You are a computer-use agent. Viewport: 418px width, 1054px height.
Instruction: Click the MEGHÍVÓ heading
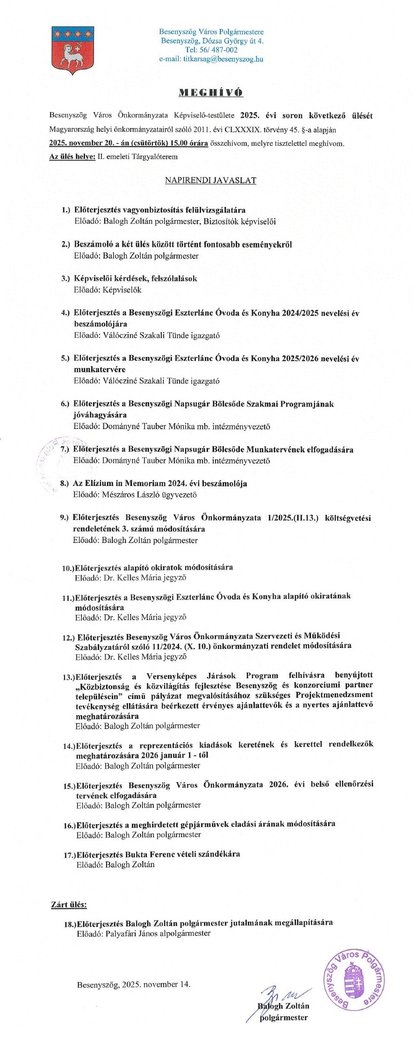[x=211, y=93]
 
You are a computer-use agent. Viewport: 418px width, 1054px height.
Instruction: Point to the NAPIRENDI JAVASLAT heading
[x=210, y=180]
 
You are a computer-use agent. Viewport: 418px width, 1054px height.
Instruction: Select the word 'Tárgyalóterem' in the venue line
[x=156, y=157]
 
